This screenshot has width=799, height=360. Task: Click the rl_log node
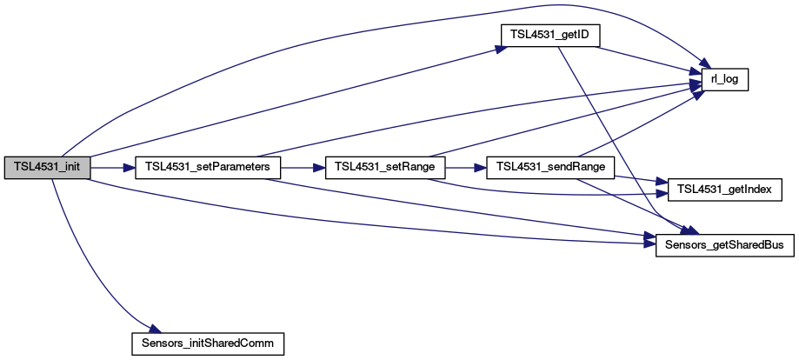[x=718, y=79]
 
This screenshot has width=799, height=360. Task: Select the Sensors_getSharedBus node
[x=718, y=245]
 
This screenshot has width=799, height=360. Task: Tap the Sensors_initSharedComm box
[x=208, y=343]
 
